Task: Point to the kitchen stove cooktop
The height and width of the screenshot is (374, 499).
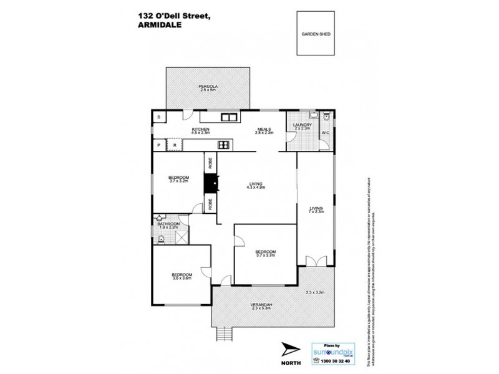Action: [223, 145]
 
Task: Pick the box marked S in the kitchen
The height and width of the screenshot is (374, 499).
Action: [159, 117]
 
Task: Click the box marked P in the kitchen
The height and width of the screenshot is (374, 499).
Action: [160, 145]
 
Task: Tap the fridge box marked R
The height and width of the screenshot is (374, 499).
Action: [175, 145]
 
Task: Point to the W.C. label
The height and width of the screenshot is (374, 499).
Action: [325, 133]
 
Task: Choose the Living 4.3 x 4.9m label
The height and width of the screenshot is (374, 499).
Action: [255, 185]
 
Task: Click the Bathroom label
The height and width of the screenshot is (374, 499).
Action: [168, 226]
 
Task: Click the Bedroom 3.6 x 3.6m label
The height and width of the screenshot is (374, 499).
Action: [182, 276]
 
